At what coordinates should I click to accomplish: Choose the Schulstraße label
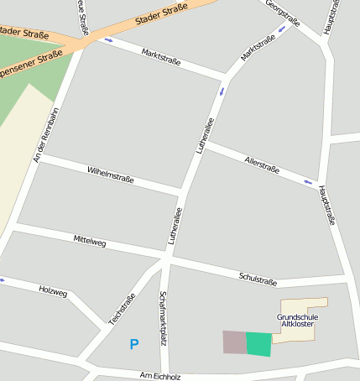pos(258,278)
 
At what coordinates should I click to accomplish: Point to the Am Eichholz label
pos(160,377)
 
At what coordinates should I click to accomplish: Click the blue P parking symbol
pos(133,344)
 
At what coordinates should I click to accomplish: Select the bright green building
pos(259,344)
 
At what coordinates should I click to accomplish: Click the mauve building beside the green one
pos(234,342)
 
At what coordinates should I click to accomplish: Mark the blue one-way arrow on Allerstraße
pos(309,181)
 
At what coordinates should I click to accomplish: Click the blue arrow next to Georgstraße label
pos(282,28)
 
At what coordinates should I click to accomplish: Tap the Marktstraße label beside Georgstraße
pos(258,47)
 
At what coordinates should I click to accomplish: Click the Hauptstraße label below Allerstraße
pos(328,206)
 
